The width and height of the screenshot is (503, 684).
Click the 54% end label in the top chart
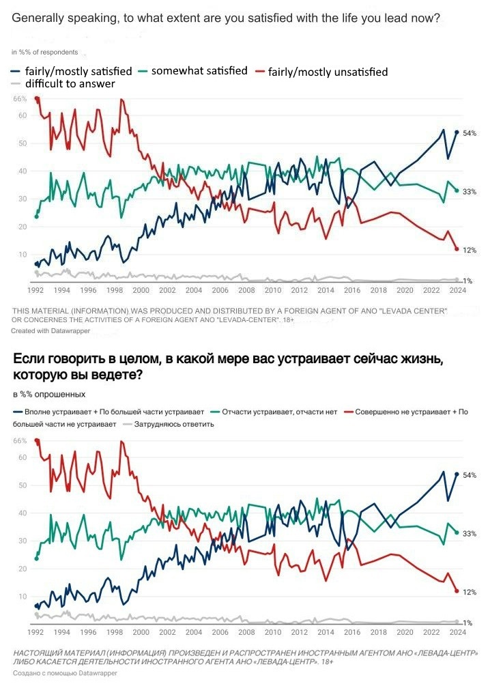click(469, 133)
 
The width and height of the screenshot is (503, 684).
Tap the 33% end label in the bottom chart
click(469, 533)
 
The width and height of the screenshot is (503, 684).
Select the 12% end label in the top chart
click(469, 251)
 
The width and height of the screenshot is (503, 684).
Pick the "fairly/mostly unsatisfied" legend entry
click(328, 72)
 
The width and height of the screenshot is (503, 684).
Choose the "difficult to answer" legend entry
click(70, 84)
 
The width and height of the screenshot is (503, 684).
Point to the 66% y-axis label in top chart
click(20, 99)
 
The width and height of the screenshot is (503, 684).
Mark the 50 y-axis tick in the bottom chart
click(22, 485)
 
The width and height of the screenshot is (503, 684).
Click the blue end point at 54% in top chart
click(457, 132)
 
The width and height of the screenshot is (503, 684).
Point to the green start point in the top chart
click(37, 216)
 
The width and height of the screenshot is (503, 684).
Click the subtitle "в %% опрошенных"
click(49, 395)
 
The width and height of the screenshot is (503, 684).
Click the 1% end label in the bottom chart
click(468, 623)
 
